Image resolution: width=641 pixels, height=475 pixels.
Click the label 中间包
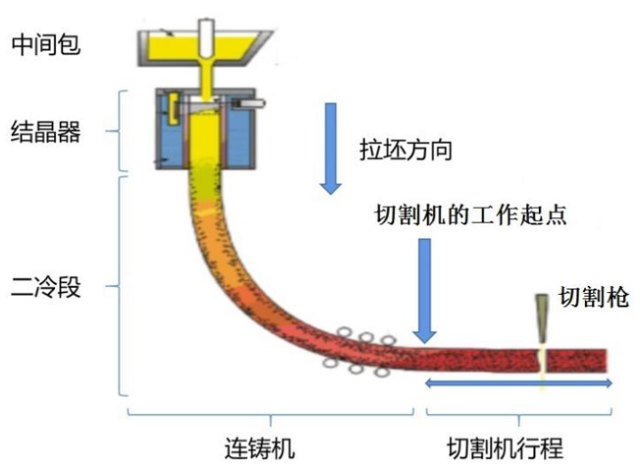46,44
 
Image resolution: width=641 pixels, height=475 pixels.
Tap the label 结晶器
46,132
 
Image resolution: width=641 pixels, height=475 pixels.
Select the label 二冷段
46,287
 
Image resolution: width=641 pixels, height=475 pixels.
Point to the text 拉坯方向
406,150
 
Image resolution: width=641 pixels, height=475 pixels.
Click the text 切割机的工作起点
471,214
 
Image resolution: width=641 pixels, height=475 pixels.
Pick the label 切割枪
594,296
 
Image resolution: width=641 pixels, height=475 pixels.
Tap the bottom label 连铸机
259,448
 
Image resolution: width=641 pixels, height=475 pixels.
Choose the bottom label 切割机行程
505,448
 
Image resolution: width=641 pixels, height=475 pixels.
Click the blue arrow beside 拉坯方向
331,148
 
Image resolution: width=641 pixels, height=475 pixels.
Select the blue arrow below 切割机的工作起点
425,291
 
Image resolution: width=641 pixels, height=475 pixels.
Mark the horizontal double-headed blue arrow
518,384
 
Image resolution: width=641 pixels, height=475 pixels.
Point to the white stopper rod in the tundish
207,39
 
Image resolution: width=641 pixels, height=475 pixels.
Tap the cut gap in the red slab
542,360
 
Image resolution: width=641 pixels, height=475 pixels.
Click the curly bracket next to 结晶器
119,131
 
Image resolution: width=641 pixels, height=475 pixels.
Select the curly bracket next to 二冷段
119,286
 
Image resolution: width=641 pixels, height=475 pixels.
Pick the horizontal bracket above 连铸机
270,415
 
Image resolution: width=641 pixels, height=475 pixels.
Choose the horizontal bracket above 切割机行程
519,415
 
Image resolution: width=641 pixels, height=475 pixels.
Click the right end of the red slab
606,360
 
